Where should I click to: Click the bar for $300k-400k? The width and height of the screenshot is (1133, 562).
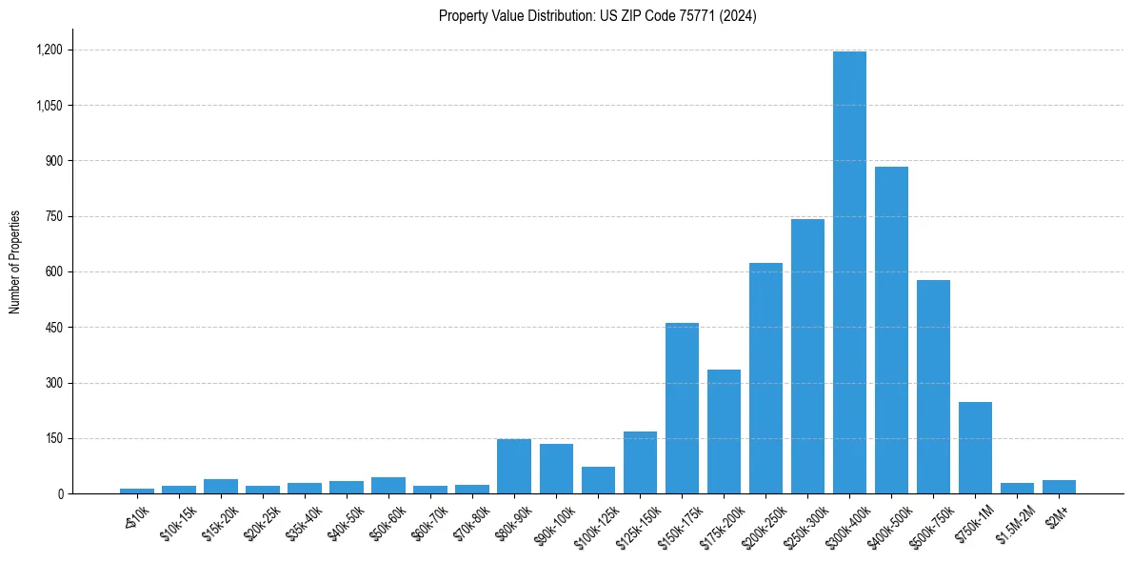849,272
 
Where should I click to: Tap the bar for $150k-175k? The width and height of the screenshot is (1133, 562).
682,409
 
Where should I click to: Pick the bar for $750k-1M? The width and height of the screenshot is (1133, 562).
975,448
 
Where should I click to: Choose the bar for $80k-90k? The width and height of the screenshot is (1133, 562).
514,467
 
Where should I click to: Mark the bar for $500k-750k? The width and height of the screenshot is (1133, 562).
933,387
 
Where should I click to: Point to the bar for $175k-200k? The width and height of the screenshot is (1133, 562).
724,432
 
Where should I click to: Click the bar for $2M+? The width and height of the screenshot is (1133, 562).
1059,487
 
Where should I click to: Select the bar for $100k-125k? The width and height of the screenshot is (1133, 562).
598,480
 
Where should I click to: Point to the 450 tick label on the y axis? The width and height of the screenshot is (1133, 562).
55,328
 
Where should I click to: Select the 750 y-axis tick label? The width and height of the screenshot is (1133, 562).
55,216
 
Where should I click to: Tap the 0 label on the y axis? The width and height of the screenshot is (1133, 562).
61,494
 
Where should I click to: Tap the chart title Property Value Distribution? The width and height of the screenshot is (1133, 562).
598,15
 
